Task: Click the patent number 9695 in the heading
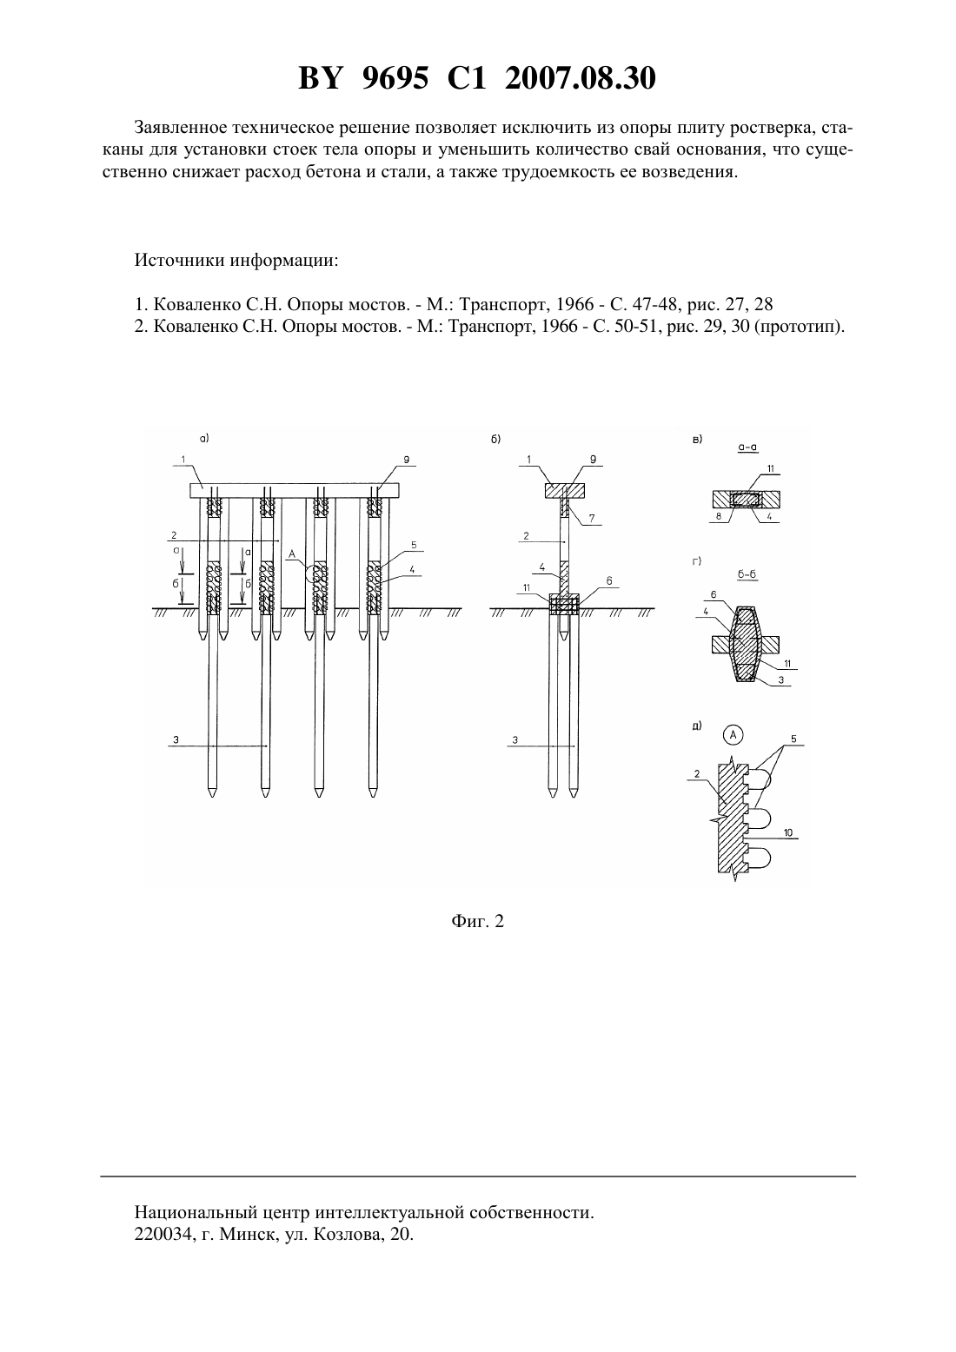(395, 78)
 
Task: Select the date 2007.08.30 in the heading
(580, 78)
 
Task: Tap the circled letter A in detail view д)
(733, 734)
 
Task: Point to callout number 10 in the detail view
(788, 832)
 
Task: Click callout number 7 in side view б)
(592, 518)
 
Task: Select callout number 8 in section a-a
(718, 517)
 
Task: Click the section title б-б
(747, 574)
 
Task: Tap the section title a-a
(747, 447)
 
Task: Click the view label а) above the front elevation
(204, 439)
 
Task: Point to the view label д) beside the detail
(697, 726)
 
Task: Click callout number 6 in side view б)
(609, 580)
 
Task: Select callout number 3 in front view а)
(176, 739)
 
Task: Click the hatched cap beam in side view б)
(564, 490)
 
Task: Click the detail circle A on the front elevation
(316, 574)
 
